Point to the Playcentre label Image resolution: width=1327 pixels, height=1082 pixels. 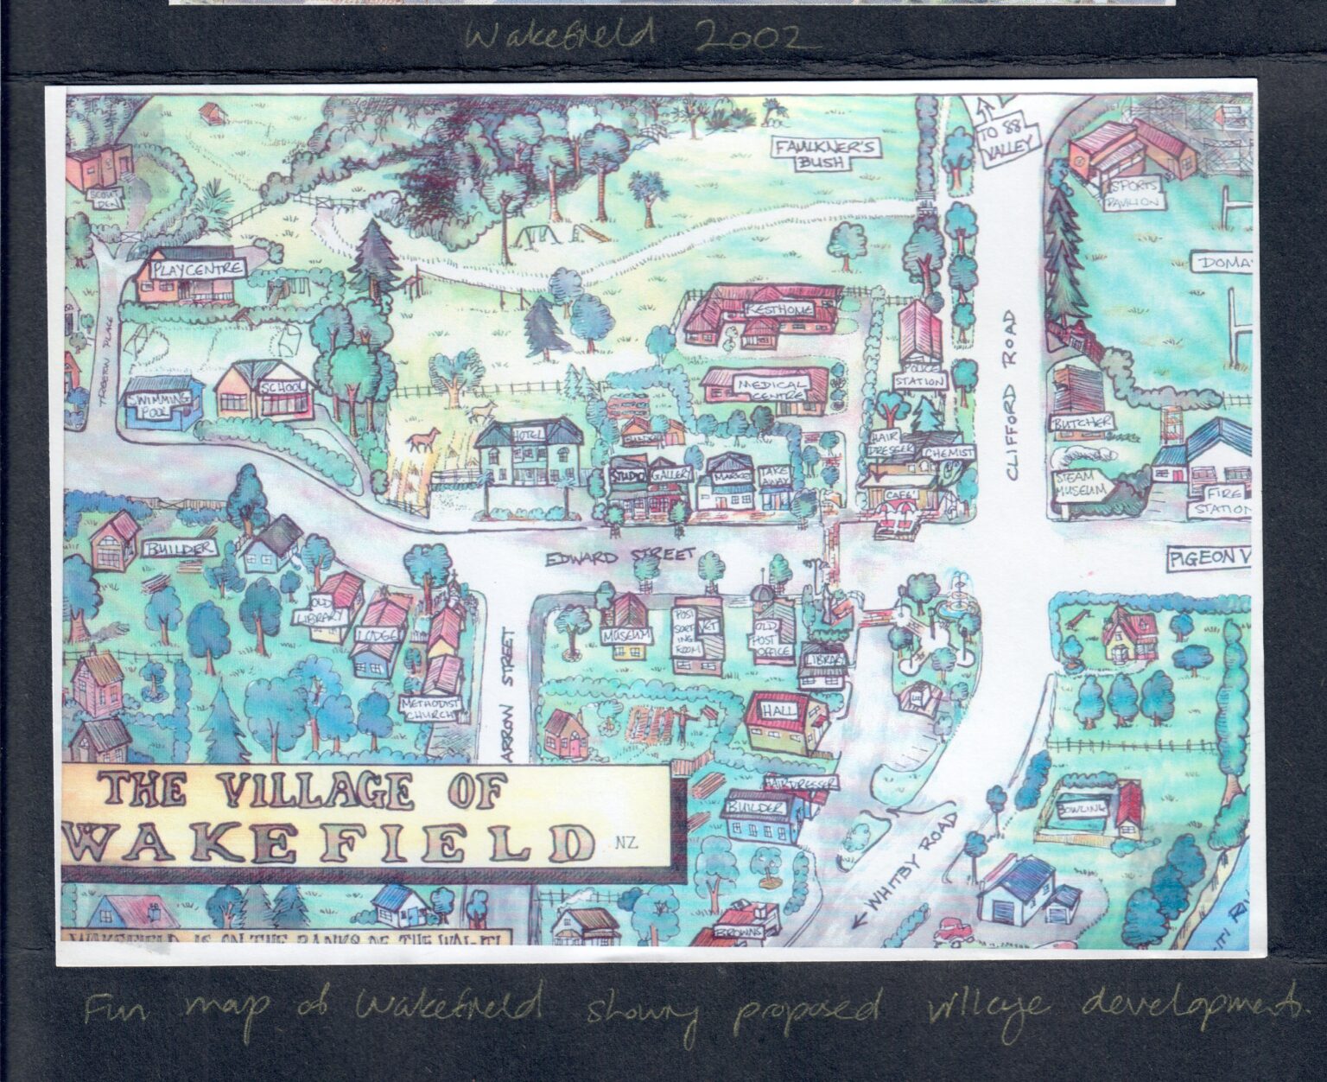coord(196,269)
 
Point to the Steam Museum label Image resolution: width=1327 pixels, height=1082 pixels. coord(1073,486)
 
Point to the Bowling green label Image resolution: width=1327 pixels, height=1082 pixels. coord(1088,808)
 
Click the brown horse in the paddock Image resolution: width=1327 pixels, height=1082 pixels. coord(421,442)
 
